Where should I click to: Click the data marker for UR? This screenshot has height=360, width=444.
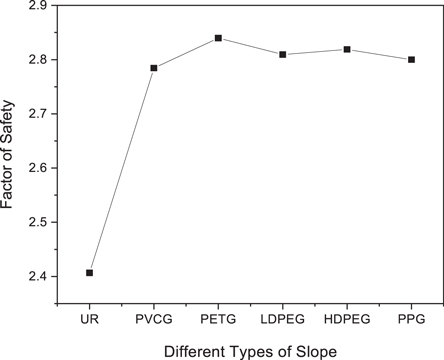[x=90, y=272]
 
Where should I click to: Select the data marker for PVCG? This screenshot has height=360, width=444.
[x=154, y=68]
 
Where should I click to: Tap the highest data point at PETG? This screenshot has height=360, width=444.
[x=218, y=38]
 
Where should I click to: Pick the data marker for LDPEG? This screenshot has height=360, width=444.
[x=283, y=54]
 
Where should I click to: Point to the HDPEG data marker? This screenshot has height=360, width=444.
[x=347, y=49]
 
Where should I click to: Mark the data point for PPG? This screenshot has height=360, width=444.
[x=411, y=60]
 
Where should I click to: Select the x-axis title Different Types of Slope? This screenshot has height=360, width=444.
[x=250, y=349]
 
